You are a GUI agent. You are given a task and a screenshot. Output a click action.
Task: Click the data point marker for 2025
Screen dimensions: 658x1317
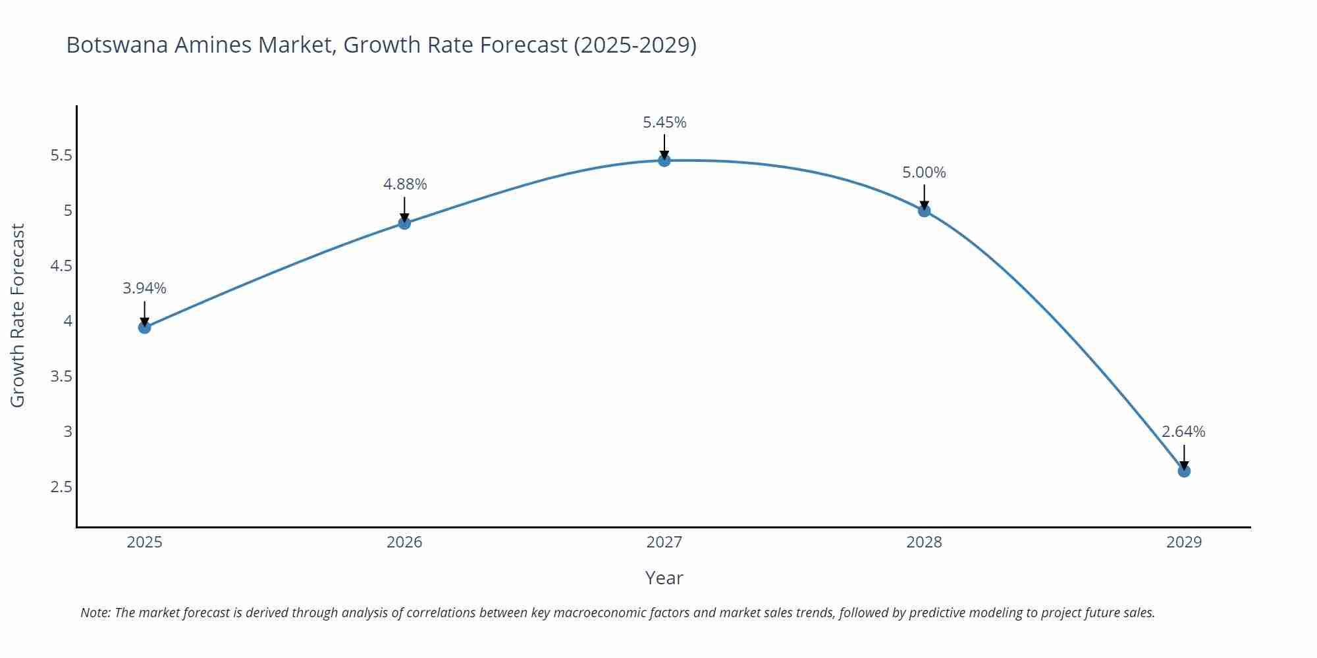[x=145, y=327]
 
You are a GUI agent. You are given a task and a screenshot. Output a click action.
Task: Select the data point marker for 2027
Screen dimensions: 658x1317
[x=664, y=160]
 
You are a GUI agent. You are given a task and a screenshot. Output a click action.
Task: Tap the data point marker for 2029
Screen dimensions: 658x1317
[x=1184, y=470]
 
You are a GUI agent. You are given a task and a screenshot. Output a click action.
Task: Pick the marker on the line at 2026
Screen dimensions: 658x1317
[x=404, y=223]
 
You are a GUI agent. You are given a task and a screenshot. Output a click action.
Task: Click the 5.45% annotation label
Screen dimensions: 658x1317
[x=664, y=122]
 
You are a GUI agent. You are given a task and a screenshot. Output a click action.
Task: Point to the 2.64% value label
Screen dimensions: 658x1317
[x=1183, y=432]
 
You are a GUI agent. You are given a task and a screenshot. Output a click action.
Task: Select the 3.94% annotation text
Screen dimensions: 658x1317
[x=145, y=288]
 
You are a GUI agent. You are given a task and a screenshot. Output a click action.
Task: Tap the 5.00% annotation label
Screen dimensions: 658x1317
[x=924, y=172]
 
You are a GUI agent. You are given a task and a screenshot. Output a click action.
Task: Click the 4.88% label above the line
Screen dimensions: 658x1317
[x=405, y=184]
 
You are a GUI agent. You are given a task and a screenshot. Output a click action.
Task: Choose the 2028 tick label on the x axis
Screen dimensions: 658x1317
[x=924, y=542]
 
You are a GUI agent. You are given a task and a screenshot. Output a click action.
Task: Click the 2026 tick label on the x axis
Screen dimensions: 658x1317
[x=404, y=542]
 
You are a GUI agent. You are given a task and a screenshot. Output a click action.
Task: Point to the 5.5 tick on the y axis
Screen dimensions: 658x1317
[x=61, y=156]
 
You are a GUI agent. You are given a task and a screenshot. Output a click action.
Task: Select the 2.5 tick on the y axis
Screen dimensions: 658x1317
[x=61, y=487]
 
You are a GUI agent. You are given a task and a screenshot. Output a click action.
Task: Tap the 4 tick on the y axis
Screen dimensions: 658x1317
[x=67, y=321]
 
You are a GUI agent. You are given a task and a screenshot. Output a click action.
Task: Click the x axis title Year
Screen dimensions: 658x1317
[x=664, y=578]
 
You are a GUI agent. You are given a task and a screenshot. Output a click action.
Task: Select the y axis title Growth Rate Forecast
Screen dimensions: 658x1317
[x=18, y=316]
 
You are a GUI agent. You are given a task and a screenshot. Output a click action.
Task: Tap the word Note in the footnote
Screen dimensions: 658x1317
[x=94, y=613]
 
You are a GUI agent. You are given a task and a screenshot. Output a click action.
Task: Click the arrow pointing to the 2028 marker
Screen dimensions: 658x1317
[x=924, y=196]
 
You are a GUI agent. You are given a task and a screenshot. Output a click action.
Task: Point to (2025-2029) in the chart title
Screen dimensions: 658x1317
[x=635, y=45]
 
